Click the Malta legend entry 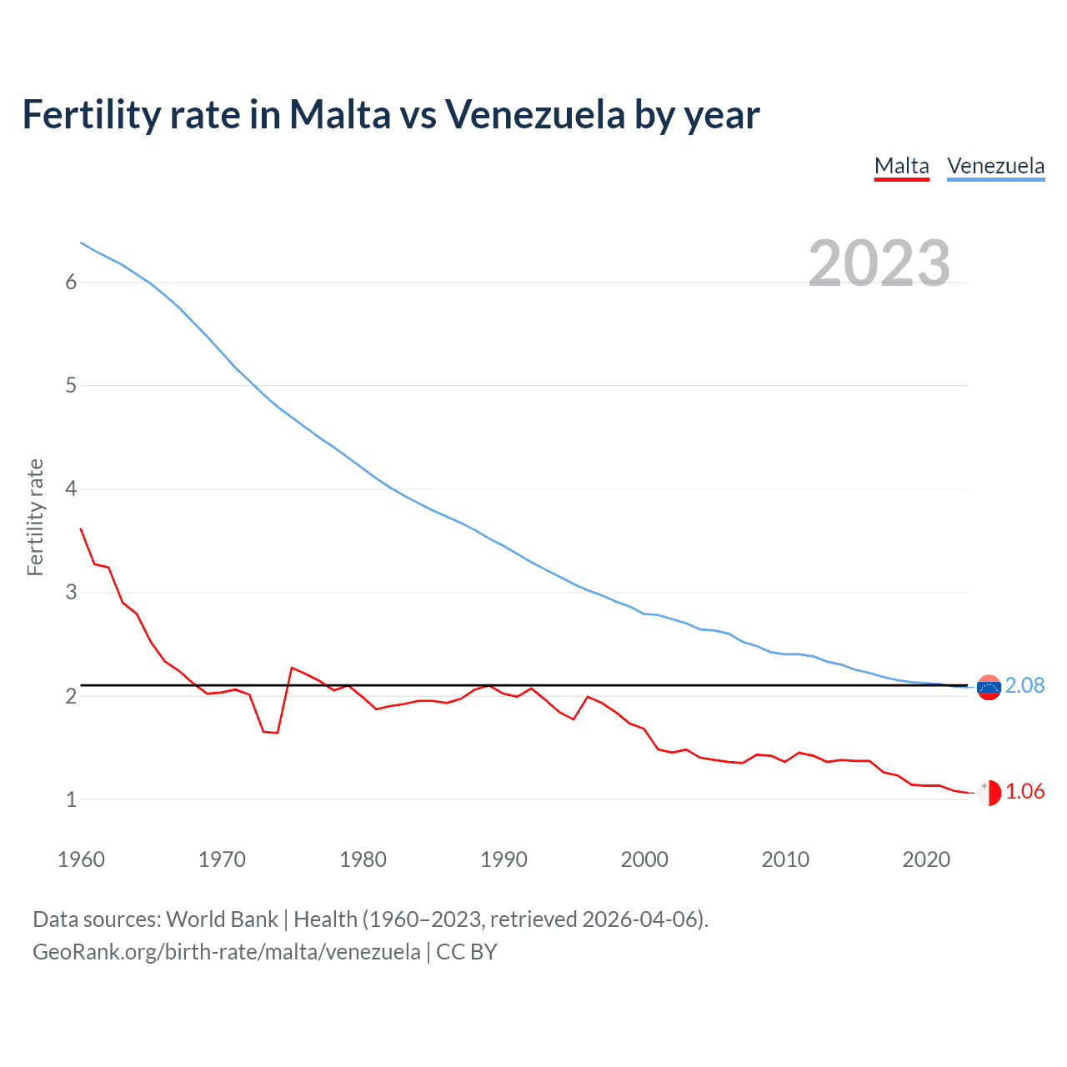click(x=901, y=166)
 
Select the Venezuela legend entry click(x=995, y=166)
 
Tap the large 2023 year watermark click(x=879, y=263)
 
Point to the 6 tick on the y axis click(x=71, y=282)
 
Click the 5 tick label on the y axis click(x=71, y=385)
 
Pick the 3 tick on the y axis click(x=71, y=593)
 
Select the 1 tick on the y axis click(x=71, y=799)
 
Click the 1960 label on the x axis click(x=81, y=859)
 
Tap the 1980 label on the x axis click(x=363, y=859)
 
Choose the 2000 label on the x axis click(x=644, y=859)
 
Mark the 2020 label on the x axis click(x=926, y=859)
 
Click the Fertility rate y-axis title click(x=35, y=517)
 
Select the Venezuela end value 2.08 click(x=1024, y=685)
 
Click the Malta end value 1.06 click(x=1024, y=791)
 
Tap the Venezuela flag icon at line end click(x=989, y=688)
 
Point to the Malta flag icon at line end click(x=989, y=793)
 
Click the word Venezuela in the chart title click(x=534, y=114)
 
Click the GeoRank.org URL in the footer click(x=226, y=952)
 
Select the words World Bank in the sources click(x=222, y=919)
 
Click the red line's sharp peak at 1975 click(x=292, y=668)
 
